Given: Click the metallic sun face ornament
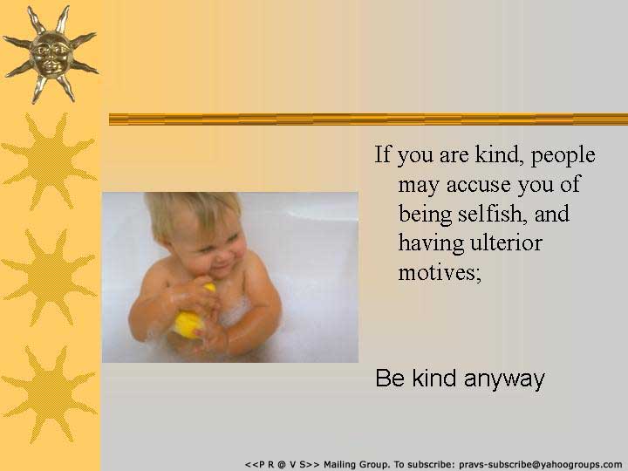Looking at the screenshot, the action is pos(51,54).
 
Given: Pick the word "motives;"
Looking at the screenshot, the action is pos(440,272).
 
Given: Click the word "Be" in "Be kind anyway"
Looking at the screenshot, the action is pos(390,378).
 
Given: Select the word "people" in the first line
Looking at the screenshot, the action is pos(563,155).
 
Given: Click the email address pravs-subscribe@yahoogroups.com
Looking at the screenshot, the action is pos(540,465).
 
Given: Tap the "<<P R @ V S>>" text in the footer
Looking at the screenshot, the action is pos(283,465).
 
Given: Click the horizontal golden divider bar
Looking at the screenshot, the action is pos(368,119).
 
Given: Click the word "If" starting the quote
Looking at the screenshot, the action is pos(382,154).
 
